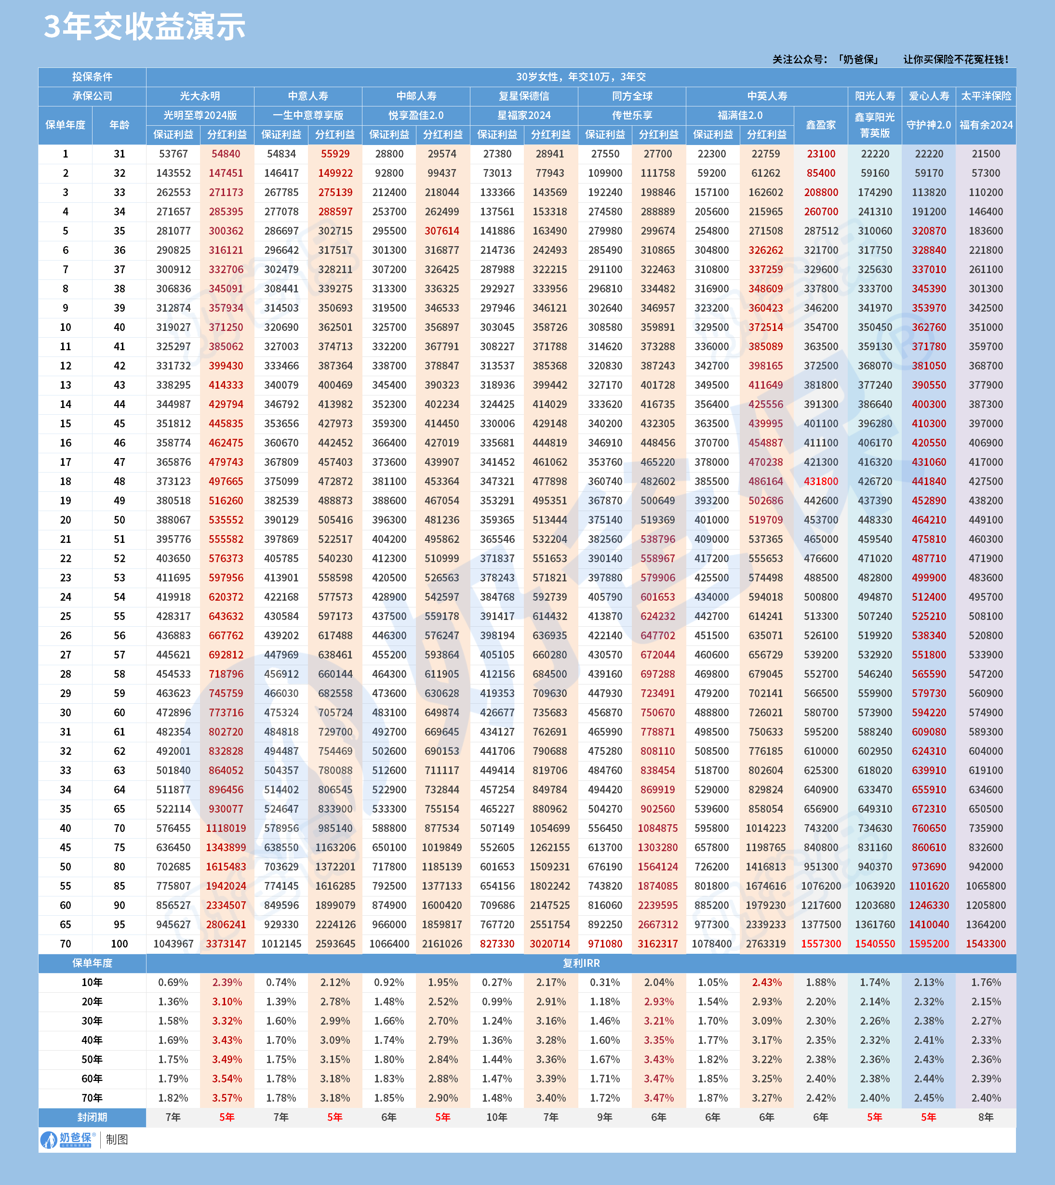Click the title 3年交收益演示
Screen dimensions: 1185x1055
[x=145, y=27]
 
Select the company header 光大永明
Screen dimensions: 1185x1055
[x=200, y=96]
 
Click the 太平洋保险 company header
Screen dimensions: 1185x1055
[x=986, y=96]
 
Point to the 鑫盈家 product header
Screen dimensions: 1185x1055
[x=821, y=125]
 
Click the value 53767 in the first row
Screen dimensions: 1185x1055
[x=173, y=154]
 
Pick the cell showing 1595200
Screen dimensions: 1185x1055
[x=929, y=944]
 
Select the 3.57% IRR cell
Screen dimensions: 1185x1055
[x=227, y=1098]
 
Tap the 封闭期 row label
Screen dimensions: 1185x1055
[x=92, y=1117]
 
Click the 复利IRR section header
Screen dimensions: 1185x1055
[x=581, y=963]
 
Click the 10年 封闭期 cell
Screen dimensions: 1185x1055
[x=496, y=1117]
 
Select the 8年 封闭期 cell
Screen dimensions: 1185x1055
[x=986, y=1117]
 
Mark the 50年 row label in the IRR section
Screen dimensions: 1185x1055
[x=92, y=1059]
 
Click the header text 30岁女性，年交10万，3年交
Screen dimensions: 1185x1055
[x=581, y=77]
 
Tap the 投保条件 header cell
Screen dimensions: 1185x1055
[x=92, y=77]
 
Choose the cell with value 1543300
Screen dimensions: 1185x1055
[x=986, y=944]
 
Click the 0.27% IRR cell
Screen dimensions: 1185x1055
[x=496, y=983]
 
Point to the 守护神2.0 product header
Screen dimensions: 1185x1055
[x=929, y=125]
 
